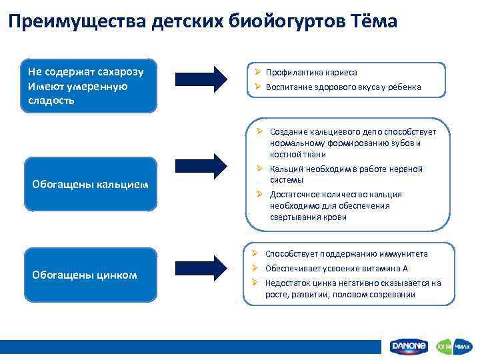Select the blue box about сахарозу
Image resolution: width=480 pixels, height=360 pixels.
click(x=91, y=86)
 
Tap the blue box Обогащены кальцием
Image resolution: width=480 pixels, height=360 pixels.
click(x=91, y=183)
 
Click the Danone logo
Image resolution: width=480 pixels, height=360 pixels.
click(x=408, y=346)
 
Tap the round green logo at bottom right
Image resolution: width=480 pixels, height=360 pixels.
click(x=445, y=346)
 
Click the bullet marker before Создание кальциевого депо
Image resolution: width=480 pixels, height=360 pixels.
click(x=260, y=131)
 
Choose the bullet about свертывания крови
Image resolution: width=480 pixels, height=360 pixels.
click(x=336, y=206)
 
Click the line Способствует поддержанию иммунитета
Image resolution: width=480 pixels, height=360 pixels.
click(x=347, y=254)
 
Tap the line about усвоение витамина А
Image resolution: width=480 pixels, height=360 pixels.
click(x=337, y=269)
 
